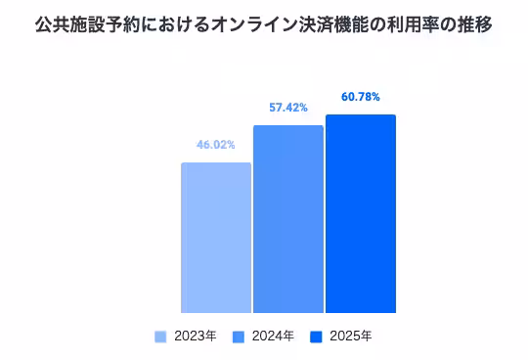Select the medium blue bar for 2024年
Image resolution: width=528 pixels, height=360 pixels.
click(288, 219)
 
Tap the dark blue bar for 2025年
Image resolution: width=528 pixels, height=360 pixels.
click(361, 214)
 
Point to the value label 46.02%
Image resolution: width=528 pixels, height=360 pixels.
click(216, 145)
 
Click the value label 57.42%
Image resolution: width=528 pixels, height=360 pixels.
click(288, 108)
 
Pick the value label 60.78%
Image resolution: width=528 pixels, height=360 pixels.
click(361, 97)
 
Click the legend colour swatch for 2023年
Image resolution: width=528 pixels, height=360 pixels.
click(161, 337)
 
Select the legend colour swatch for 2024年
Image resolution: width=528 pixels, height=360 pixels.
click(238, 337)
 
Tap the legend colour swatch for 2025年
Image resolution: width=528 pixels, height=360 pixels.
click(316, 337)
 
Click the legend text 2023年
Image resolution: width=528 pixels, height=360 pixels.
click(195, 337)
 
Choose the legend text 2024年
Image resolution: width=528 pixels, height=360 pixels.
click(272, 337)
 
